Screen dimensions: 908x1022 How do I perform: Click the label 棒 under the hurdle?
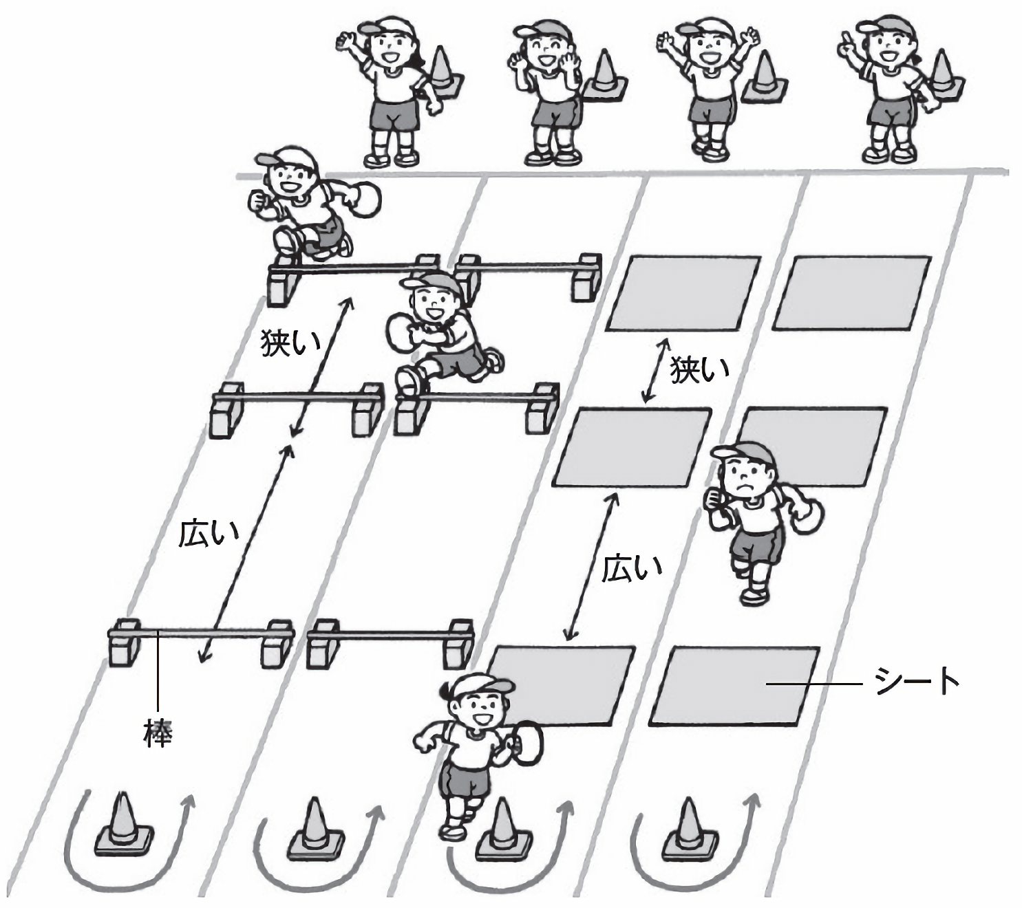click(x=158, y=733)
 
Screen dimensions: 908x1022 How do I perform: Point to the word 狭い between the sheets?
click(x=700, y=371)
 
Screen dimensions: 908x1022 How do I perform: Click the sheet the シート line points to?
click(x=734, y=686)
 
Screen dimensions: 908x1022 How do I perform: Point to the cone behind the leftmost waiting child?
click(x=442, y=70)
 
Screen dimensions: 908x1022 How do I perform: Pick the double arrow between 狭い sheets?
click(x=654, y=370)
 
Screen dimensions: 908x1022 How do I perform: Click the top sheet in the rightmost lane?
click(x=852, y=292)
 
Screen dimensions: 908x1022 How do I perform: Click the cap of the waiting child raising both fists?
click(x=705, y=29)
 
